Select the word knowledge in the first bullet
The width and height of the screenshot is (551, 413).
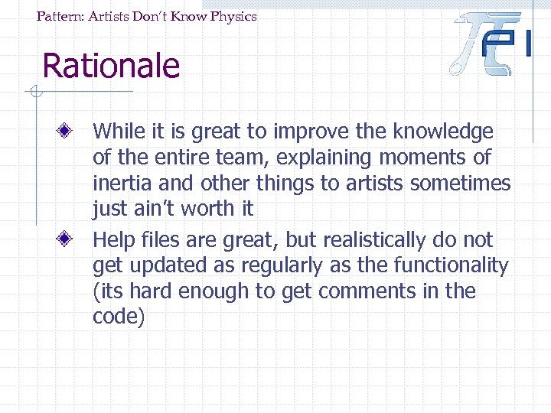(x=443, y=132)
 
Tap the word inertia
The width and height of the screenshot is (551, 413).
(x=119, y=184)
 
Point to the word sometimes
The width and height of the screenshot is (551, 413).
(x=466, y=184)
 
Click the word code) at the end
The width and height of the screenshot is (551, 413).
(x=119, y=317)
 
